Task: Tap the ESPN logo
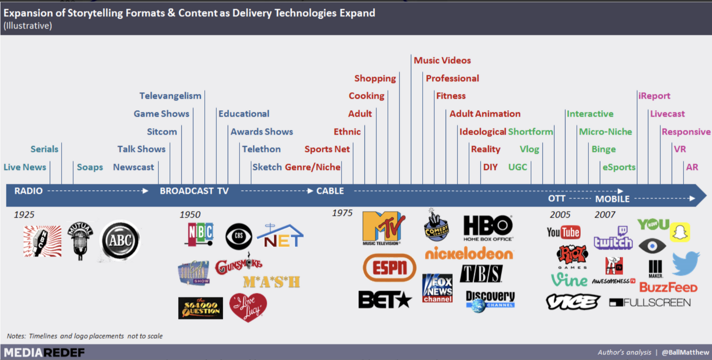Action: click(390, 268)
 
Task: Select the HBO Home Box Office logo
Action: click(487, 228)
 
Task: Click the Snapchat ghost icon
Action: click(680, 232)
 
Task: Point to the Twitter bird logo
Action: click(686, 263)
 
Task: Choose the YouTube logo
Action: click(564, 232)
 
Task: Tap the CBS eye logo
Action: click(239, 236)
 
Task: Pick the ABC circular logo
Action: click(120, 240)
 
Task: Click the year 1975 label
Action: click(342, 213)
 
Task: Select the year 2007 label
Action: click(605, 214)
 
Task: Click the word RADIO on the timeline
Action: click(28, 191)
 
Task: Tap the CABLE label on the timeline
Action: click(330, 191)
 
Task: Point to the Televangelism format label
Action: click(170, 96)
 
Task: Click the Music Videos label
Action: click(442, 60)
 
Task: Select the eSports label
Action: click(619, 167)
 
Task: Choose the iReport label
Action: click(654, 96)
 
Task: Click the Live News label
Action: click(25, 167)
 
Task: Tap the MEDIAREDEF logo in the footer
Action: click(44, 352)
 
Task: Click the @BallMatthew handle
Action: click(685, 352)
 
